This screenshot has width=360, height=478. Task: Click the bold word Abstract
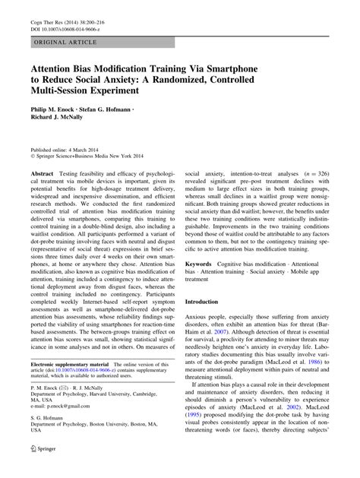(x=42, y=174)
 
